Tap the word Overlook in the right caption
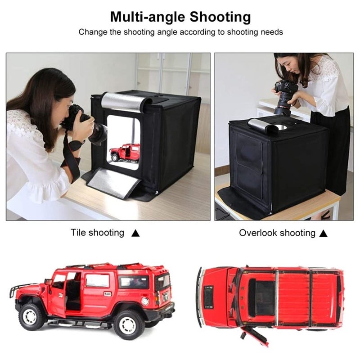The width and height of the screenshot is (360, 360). pyautogui.click(x=258, y=233)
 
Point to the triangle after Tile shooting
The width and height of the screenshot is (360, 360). pyautogui.click(x=135, y=233)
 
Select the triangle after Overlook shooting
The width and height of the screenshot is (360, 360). pyautogui.click(x=323, y=233)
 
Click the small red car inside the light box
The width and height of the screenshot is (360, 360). pyautogui.click(x=125, y=152)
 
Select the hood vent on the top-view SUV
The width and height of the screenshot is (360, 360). pyautogui.click(x=209, y=297)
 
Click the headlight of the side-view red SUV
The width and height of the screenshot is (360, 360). pyautogui.click(x=145, y=301)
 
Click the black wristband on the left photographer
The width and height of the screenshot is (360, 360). pyautogui.click(x=76, y=145)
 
